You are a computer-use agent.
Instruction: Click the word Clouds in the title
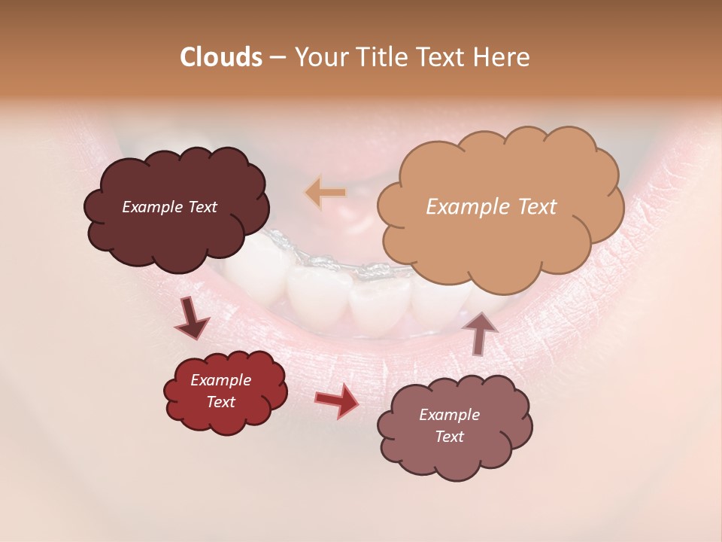[220, 57]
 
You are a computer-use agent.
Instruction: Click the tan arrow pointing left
[326, 193]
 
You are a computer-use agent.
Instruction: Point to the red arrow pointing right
[337, 400]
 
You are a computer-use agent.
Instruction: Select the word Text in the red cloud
[220, 402]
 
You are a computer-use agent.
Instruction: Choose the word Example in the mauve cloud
[449, 415]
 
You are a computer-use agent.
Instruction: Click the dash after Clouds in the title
[276, 58]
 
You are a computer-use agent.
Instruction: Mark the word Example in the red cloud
[220, 380]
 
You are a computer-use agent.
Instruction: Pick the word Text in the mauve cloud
[449, 437]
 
